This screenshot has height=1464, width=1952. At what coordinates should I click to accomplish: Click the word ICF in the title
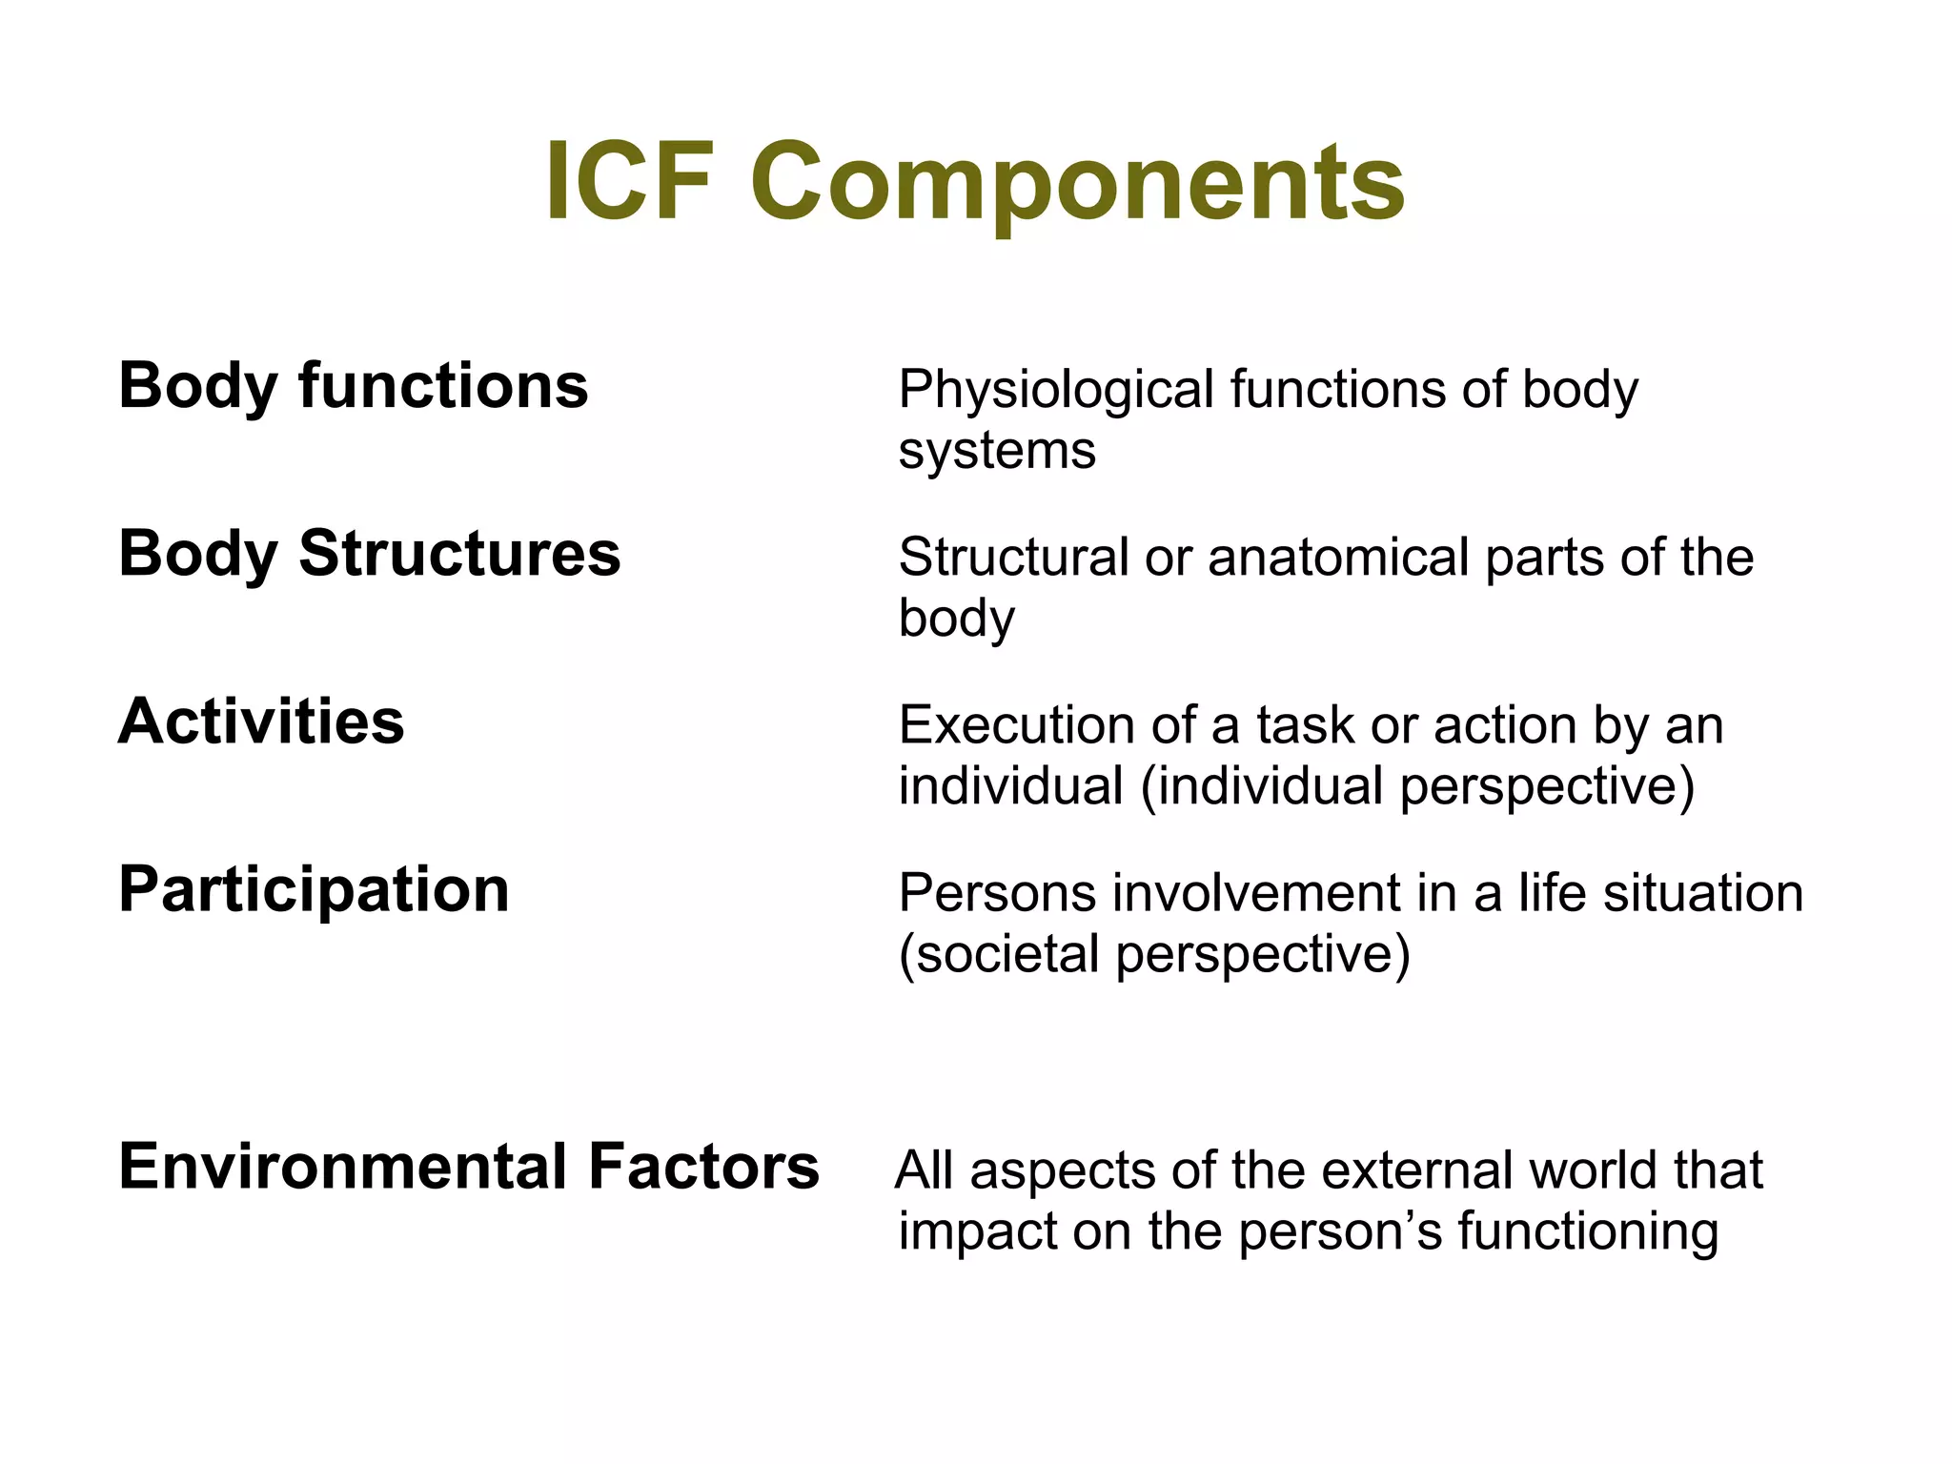(x=630, y=180)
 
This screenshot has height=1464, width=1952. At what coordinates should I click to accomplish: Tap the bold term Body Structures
(x=369, y=554)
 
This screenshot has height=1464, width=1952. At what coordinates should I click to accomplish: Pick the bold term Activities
(x=261, y=722)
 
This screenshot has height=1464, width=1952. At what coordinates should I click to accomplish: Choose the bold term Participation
(x=314, y=890)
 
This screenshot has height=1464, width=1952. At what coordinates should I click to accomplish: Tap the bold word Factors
(x=703, y=1167)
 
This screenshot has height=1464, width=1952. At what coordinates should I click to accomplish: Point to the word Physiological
(x=1055, y=391)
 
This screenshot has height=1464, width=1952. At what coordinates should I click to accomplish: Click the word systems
(x=996, y=450)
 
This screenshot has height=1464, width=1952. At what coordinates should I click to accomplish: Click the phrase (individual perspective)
(x=1417, y=786)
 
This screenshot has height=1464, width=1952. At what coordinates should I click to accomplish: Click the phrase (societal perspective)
(x=1154, y=954)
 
